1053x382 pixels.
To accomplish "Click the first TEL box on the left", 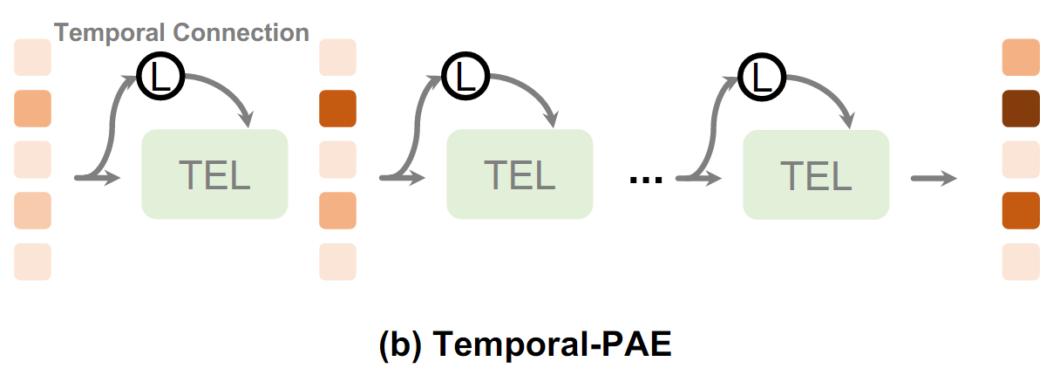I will click(x=214, y=174).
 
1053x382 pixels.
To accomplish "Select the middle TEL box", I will click(x=520, y=174).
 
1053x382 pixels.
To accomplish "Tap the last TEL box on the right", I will click(x=816, y=174).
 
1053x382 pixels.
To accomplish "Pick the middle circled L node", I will click(x=463, y=78).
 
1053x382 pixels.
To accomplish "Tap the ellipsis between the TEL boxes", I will click(x=646, y=180).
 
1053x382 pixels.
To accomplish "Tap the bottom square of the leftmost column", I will click(x=33, y=262).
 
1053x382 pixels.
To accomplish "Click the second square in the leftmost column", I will click(x=33, y=108).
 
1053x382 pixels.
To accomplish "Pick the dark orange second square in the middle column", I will click(x=338, y=108).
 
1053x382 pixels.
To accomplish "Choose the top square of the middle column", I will click(x=338, y=58).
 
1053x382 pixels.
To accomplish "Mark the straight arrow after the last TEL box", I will click(x=934, y=179).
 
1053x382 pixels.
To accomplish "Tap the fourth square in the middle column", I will click(x=338, y=210).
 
